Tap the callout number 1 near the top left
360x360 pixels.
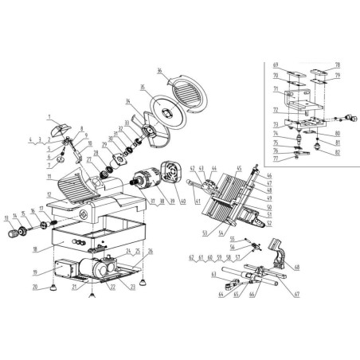[49, 116]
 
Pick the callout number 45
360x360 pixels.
[238, 168]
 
